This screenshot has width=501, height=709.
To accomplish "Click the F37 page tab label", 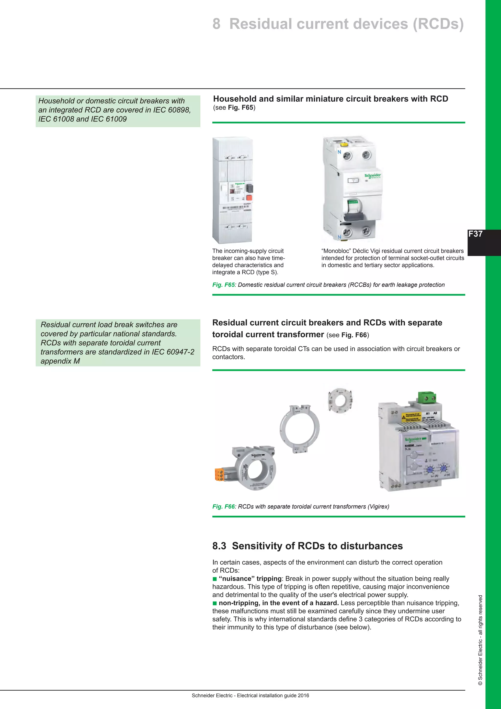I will [475, 234].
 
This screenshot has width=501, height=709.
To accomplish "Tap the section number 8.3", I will [219, 546].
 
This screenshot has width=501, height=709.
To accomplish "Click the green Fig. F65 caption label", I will [223, 285].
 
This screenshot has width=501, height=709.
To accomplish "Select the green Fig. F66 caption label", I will [223, 507].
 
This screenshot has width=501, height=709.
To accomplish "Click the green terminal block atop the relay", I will [427, 397].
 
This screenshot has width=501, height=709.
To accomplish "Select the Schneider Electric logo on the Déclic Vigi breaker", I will [373, 176].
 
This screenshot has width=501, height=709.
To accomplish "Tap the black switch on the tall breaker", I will [249, 188].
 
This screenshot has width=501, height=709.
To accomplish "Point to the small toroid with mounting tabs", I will [340, 400].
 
